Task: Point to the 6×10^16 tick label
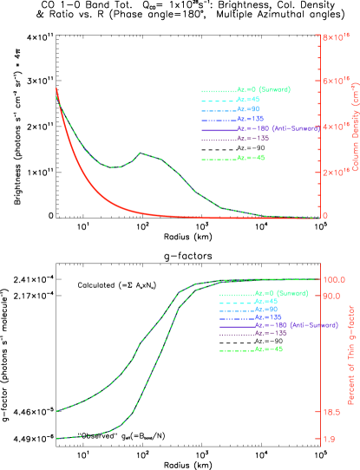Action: (336, 81)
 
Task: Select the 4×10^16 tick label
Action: (336, 127)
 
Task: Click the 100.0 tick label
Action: (335, 279)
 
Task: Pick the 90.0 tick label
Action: (333, 297)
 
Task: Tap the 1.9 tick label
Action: (331, 439)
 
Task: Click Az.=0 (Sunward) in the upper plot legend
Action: (263, 90)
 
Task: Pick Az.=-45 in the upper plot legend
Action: (251, 158)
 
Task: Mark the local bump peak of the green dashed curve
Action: (140, 153)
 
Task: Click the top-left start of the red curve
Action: (56, 88)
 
